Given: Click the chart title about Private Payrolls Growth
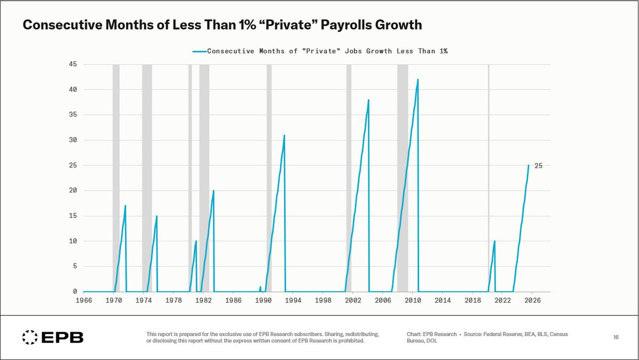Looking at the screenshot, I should (x=222, y=25).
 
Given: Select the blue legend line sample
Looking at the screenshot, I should (x=199, y=52).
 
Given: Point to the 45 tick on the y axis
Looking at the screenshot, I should (x=72, y=64).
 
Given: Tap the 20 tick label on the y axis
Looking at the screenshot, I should (x=72, y=191).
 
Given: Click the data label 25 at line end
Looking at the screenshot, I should (x=538, y=166).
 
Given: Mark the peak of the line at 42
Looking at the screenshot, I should (x=418, y=80).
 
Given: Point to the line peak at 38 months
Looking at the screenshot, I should (x=368, y=100).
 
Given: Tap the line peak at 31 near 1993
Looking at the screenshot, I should (x=284, y=135).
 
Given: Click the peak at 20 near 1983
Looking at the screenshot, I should (x=214, y=191).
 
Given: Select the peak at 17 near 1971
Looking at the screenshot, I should (x=125, y=206).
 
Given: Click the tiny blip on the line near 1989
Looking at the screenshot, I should (x=260, y=287).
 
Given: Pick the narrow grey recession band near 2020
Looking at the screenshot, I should (x=488, y=176).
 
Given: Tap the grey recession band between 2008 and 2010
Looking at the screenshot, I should (x=403, y=176).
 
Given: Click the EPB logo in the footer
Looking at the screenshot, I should (x=53, y=337).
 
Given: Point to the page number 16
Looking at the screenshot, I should (x=616, y=337).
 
